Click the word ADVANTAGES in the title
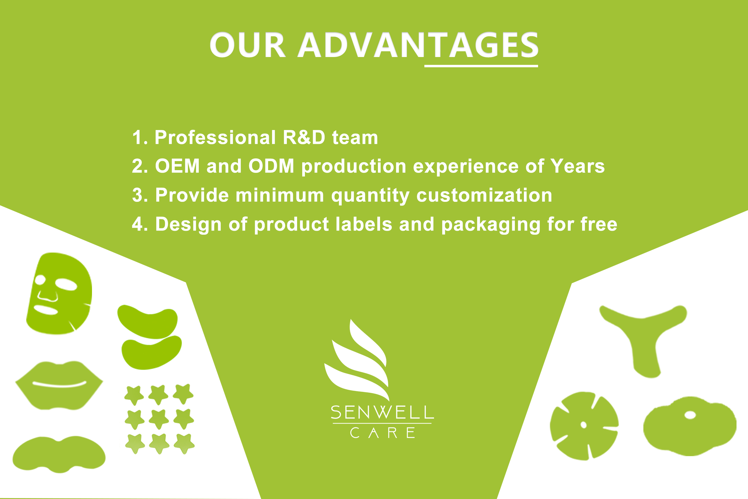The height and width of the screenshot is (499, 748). [418, 45]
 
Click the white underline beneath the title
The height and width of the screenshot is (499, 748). [481, 66]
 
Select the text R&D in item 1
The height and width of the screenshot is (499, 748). [304, 138]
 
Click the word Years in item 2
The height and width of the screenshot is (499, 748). [577, 166]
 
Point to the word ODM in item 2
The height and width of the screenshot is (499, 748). [271, 166]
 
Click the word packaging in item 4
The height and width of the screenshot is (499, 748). [491, 225]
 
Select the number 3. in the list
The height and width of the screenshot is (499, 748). [140, 195]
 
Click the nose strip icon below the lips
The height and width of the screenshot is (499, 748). [59, 454]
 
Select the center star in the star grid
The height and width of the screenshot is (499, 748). [159, 419]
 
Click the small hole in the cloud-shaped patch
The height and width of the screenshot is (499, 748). [690, 415]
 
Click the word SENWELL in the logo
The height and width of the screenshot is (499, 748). [382, 412]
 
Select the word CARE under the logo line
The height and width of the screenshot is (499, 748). [382, 433]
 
